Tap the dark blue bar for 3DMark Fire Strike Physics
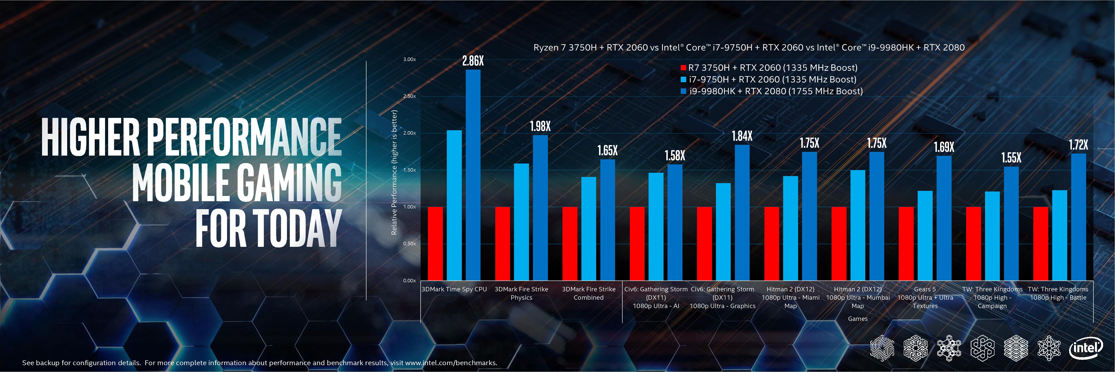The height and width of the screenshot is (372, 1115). coord(540,208)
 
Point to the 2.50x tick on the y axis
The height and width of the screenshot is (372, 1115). coord(409,96)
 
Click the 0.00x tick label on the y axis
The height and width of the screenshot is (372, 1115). coord(409,281)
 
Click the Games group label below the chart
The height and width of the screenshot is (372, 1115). coord(858,319)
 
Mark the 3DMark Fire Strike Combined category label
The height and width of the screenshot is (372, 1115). coord(588,293)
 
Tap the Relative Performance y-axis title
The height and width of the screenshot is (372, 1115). coord(394,172)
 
